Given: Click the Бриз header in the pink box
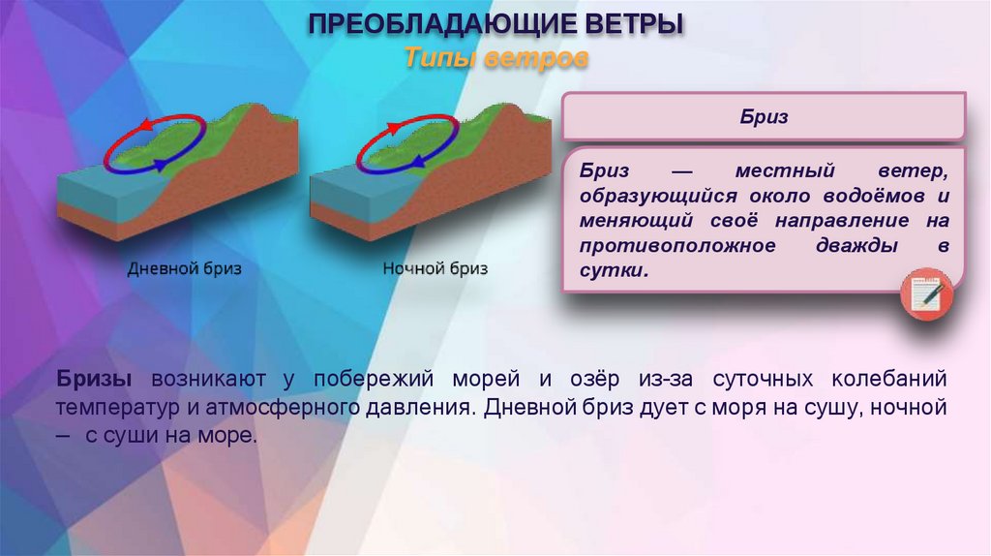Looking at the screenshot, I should [763, 117].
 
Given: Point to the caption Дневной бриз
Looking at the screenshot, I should [185, 268].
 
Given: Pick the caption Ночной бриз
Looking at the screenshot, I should [435, 268].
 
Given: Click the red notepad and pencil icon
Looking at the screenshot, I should [926, 295].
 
